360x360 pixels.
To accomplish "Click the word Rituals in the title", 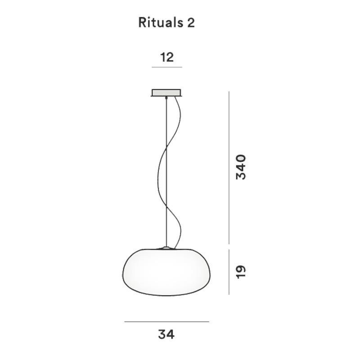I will [x=159, y=23].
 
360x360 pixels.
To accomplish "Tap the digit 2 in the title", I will [x=191, y=23].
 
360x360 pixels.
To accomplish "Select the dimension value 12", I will [x=166, y=57].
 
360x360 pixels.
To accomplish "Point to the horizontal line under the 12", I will [x=166, y=67].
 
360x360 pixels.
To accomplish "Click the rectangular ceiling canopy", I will [x=166, y=93].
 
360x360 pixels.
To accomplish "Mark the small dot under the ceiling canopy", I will [x=166, y=98].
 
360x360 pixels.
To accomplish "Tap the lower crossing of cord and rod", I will [x=166, y=207].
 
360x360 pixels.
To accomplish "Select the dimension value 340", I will [x=241, y=167].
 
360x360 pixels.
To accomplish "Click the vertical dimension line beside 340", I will [x=229, y=167].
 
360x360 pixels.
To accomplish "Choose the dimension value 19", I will [x=241, y=271].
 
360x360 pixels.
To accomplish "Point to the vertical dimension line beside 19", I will [x=229, y=271].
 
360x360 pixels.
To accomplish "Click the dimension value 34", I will [x=166, y=334].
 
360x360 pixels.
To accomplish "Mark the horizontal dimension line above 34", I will [x=166, y=322].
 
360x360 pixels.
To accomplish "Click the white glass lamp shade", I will [x=166, y=272].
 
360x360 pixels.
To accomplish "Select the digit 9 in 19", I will [x=241, y=269].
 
